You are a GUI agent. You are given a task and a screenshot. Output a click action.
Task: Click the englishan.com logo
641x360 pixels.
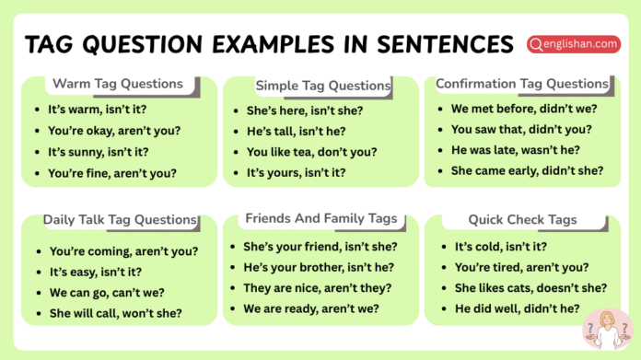coord(573,43)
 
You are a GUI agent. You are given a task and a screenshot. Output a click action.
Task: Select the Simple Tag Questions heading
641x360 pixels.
coord(323,86)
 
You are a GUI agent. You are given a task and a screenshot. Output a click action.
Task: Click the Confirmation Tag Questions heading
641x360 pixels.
coord(522,84)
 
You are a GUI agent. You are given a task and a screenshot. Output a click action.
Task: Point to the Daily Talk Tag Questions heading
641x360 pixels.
coord(120,220)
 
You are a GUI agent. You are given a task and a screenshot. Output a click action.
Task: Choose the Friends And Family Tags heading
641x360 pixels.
coord(321,218)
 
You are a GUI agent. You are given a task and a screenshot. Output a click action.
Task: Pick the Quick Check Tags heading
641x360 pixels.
coord(522,219)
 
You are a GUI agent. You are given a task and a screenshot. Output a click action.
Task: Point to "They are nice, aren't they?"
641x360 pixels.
coord(320,287)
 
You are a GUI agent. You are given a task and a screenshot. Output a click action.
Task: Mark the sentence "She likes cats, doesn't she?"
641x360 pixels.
coord(530,288)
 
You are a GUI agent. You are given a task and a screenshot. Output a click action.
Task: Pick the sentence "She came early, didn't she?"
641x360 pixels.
coord(527,170)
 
